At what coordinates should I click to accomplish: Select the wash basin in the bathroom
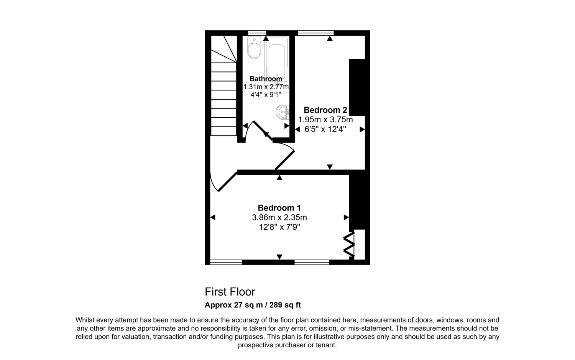pyautogui.click(x=283, y=112)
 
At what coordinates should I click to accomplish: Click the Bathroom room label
pyautogui.click(x=266, y=79)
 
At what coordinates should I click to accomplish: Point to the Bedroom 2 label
pyautogui.click(x=325, y=110)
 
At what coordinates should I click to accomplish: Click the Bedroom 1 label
pyautogui.click(x=279, y=208)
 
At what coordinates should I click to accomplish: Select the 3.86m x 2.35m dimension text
pyautogui.click(x=279, y=217)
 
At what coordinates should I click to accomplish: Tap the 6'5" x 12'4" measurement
pyautogui.click(x=325, y=129)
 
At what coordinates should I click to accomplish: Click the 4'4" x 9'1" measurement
pyautogui.click(x=266, y=95)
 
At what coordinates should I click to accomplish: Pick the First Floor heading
pyautogui.click(x=230, y=292)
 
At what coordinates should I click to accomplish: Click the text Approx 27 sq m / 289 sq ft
pyautogui.click(x=253, y=305)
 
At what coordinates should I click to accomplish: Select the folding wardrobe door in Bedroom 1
pyautogui.click(x=349, y=245)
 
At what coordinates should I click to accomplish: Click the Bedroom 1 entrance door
pyautogui.click(x=227, y=182)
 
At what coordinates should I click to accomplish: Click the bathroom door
pyautogui.click(x=260, y=128)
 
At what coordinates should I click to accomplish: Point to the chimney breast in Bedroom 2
pyautogui.click(x=356, y=87)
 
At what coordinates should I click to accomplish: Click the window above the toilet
pyautogui.click(x=257, y=33)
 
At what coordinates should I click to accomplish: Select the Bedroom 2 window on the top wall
pyautogui.click(x=315, y=33)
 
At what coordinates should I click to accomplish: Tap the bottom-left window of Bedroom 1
pyautogui.click(x=226, y=262)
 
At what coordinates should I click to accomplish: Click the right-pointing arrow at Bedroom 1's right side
pyautogui.click(x=346, y=217)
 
